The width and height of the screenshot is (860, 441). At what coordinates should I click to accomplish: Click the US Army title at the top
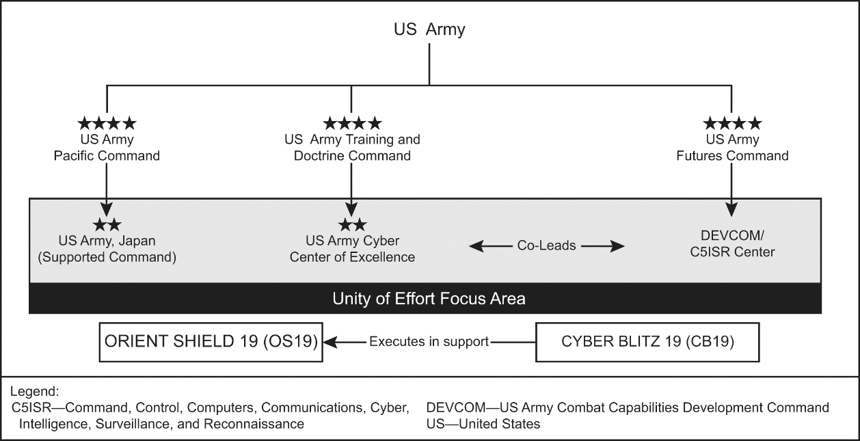coord(429,29)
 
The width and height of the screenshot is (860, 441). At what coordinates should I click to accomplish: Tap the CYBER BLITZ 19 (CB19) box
coord(647,341)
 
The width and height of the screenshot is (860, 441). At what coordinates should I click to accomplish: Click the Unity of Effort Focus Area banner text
coord(429,299)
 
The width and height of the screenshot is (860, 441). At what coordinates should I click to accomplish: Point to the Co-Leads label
coord(546,245)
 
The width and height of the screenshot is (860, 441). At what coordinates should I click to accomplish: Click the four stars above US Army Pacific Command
coord(107,124)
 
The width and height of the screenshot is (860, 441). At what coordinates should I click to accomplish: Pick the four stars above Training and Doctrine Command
coord(352,124)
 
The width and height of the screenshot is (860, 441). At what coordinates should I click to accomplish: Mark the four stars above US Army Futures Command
coord(732,124)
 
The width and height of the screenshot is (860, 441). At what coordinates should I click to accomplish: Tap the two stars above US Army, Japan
coord(107,224)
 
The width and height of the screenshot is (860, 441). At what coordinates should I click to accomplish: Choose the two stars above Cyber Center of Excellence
coord(352,224)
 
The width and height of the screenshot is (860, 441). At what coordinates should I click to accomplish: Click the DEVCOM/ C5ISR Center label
coord(732,243)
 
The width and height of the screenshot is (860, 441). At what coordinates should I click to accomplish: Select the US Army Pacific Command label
coord(107,148)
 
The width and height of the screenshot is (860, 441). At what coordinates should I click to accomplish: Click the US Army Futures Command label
coord(732,148)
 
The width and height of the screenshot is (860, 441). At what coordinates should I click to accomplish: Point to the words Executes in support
coord(429,341)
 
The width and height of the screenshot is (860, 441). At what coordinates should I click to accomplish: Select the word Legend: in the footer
coord(35,392)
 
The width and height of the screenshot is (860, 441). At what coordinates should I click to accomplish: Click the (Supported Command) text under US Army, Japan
coord(107,258)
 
